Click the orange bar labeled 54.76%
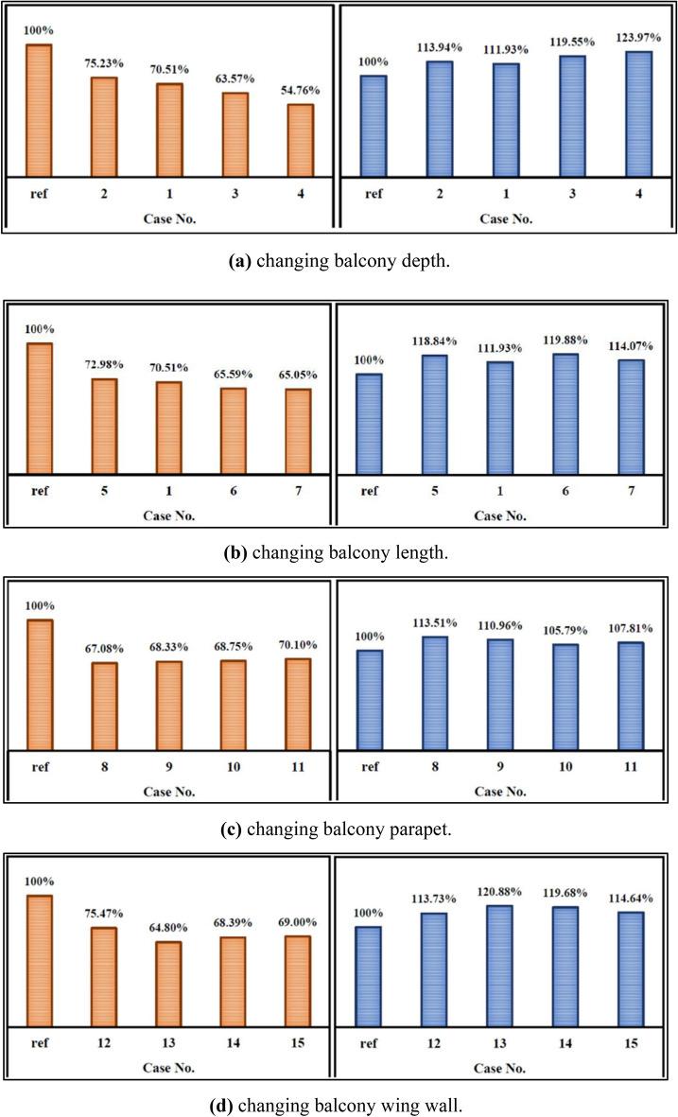(x=301, y=140)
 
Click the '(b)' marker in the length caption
(x=235, y=553)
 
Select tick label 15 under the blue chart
(x=631, y=1042)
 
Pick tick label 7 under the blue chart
(x=631, y=491)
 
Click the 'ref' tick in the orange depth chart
(x=39, y=194)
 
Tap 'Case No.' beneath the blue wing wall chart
(x=506, y=1068)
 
